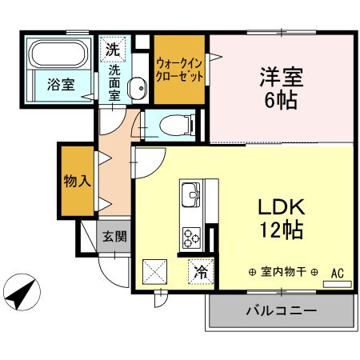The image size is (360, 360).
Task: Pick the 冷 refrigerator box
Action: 200,272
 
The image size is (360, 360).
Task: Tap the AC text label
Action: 338,272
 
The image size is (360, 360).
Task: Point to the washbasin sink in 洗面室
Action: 137,86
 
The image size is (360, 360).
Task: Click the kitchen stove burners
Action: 192,238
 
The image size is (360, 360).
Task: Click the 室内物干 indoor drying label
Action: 283,272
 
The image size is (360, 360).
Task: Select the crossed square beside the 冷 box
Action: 154,272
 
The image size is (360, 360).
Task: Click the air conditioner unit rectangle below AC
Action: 337,284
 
